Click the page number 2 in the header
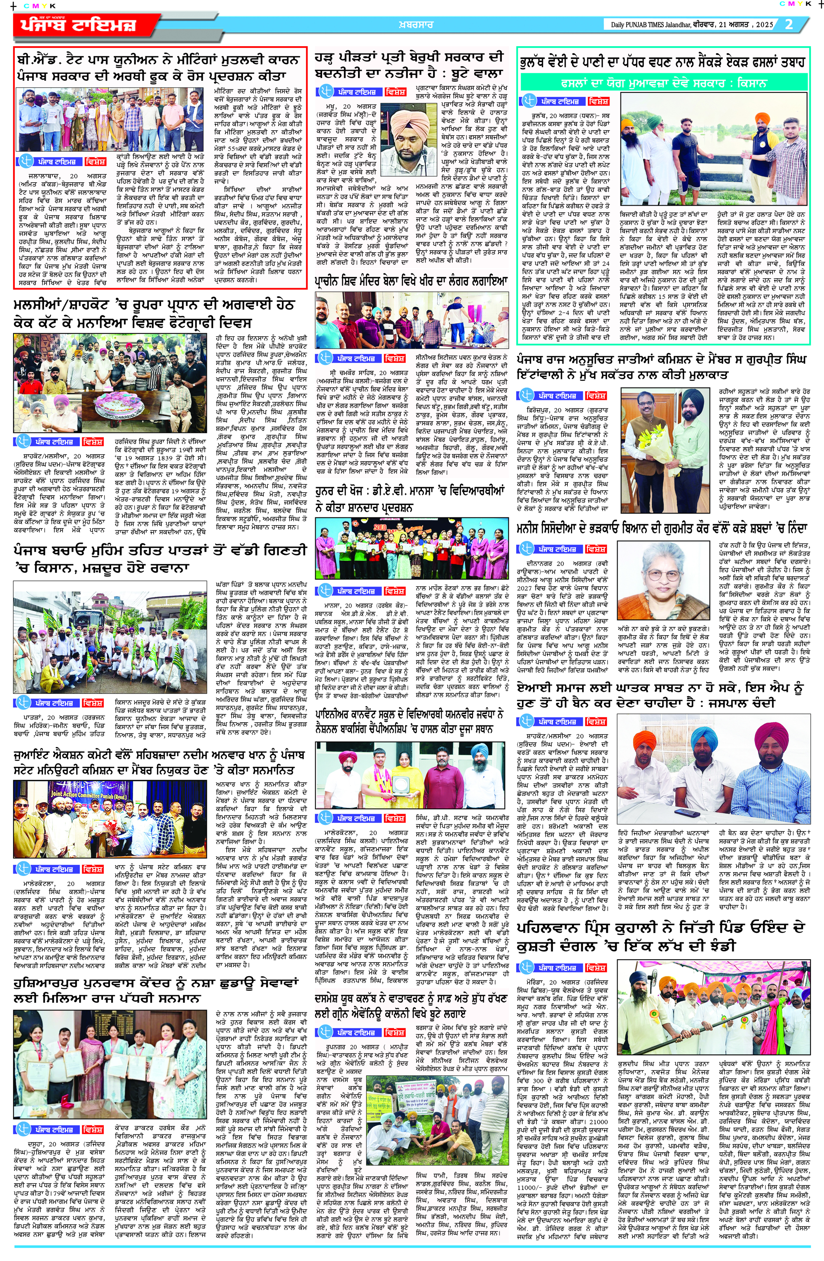(789, 24)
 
